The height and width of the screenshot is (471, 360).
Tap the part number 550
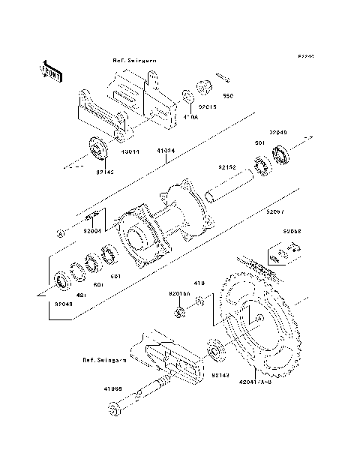(229, 96)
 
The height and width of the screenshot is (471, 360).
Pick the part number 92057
(275, 212)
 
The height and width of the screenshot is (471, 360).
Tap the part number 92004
(93, 232)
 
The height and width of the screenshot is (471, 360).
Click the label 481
(81, 295)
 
